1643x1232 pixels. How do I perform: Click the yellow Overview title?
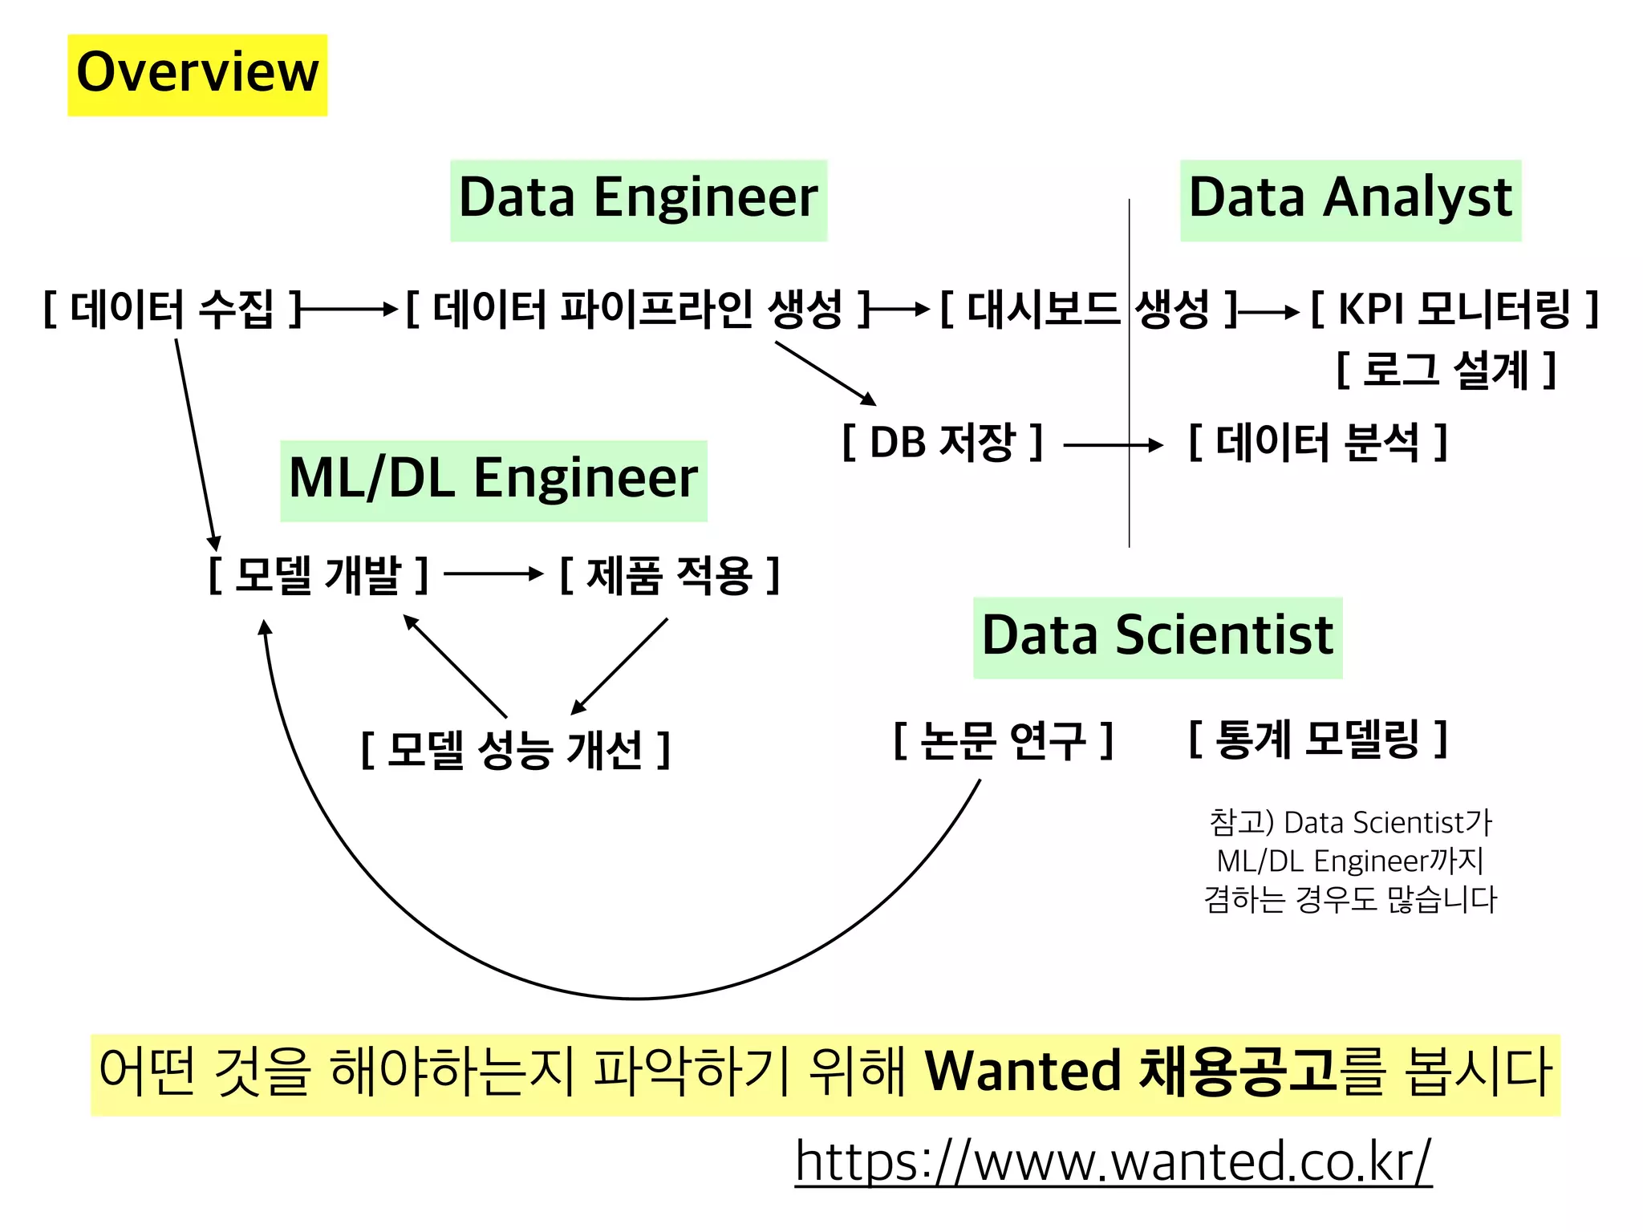pyautogui.click(x=197, y=74)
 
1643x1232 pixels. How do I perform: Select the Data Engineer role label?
pyautogui.click(x=638, y=200)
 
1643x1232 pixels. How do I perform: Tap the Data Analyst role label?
pyautogui.click(x=1350, y=200)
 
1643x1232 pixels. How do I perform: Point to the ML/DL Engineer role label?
pyautogui.click(x=493, y=480)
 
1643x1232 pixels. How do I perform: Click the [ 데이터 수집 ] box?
pyautogui.click(x=172, y=310)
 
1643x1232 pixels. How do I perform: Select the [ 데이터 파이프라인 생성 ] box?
pyautogui.click(x=638, y=310)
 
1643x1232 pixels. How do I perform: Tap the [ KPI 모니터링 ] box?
pyautogui.click(x=1454, y=310)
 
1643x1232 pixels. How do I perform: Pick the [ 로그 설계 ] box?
pyautogui.click(x=1446, y=371)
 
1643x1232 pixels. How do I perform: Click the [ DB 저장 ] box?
pyautogui.click(x=942, y=442)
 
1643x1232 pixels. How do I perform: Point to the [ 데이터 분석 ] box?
pyautogui.click(x=1317, y=442)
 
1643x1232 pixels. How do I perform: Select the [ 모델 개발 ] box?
pyautogui.click(x=318, y=575)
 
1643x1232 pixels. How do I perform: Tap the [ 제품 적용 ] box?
pyautogui.click(x=669, y=575)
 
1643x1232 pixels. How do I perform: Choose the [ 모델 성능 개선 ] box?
pyautogui.click(x=515, y=750)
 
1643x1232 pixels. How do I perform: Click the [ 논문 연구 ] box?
pyautogui.click(x=1003, y=740)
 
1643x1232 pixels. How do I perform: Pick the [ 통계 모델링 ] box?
pyautogui.click(x=1317, y=740)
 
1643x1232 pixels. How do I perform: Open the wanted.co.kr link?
pyautogui.click(x=1113, y=1161)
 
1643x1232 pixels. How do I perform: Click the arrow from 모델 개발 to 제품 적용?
pyautogui.click(x=493, y=573)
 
